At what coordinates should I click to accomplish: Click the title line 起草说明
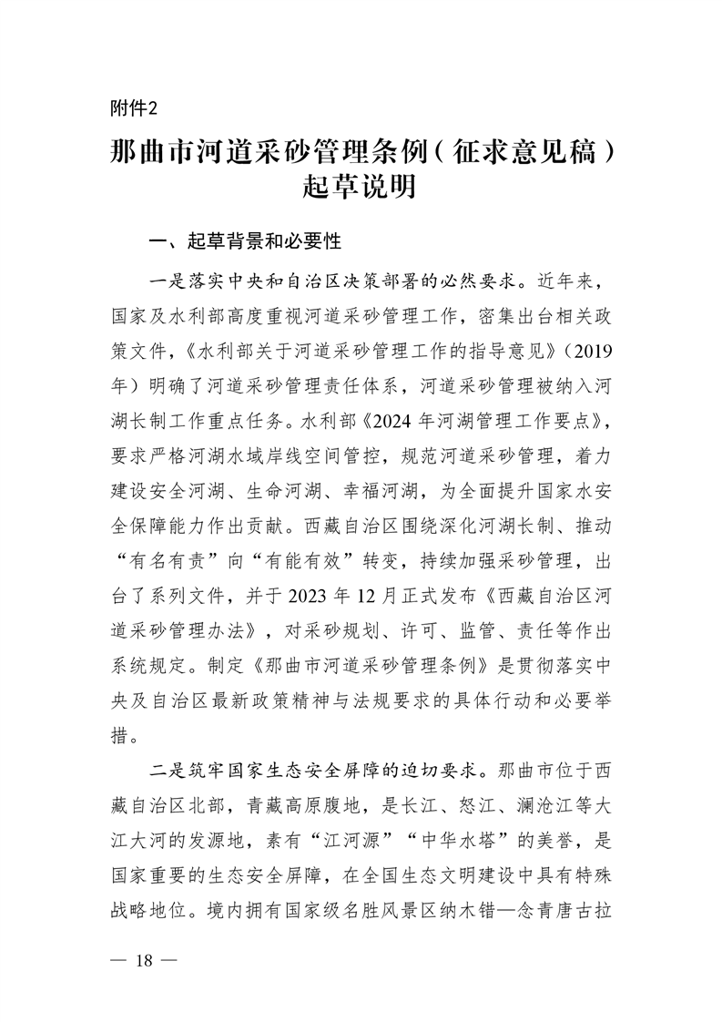361,189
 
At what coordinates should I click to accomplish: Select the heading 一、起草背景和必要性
245,241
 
